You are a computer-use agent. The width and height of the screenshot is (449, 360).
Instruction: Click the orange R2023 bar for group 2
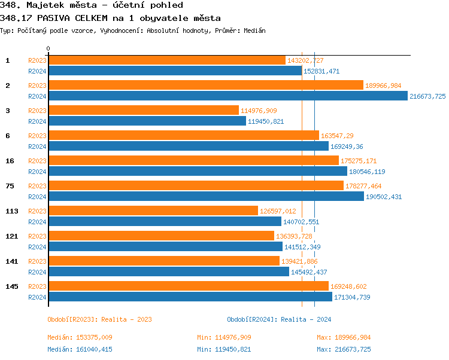(205, 86)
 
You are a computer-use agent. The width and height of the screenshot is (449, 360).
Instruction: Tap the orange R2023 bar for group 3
(143, 111)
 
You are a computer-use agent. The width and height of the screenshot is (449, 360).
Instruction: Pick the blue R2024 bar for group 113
(165, 222)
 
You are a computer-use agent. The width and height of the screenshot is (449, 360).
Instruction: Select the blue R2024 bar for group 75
(206, 197)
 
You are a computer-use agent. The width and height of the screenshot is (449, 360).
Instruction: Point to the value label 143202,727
(305, 60)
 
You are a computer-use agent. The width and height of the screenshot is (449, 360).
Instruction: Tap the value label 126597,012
(278, 211)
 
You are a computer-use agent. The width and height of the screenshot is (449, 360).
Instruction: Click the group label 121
(11, 236)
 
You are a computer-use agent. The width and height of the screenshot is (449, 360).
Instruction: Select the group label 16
(10, 161)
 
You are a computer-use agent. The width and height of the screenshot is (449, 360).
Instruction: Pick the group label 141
(11, 261)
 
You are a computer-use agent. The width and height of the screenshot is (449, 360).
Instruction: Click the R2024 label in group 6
(37, 147)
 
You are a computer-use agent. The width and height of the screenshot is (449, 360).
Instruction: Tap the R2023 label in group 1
(37, 60)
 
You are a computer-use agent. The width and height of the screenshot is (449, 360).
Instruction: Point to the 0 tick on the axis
(48, 49)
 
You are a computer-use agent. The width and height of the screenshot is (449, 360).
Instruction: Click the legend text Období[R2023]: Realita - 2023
(99, 319)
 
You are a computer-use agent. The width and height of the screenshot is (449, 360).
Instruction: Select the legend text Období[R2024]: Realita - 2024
(279, 319)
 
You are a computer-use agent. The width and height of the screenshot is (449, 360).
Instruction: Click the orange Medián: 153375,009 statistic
(80, 338)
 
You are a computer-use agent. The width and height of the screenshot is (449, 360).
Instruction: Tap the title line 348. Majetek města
(92, 5)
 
